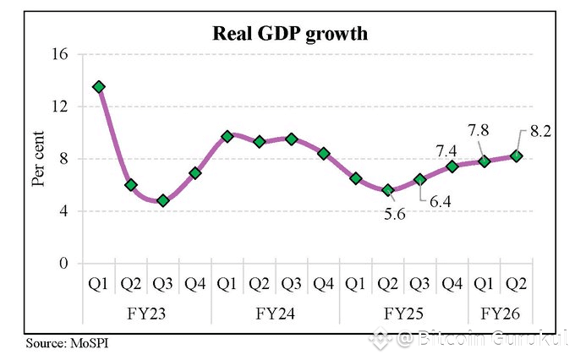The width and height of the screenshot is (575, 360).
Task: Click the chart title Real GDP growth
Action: [x=288, y=35]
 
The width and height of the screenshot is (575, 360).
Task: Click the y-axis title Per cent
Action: [x=39, y=159]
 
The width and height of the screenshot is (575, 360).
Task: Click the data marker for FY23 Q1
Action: [x=99, y=87]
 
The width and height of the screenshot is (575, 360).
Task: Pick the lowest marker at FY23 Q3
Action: [x=163, y=200]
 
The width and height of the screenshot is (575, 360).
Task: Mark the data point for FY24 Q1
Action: [x=227, y=136]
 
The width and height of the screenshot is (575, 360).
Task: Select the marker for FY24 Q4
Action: [x=324, y=153]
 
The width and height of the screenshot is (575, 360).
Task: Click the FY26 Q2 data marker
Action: [x=517, y=155]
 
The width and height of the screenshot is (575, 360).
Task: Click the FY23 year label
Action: [x=147, y=312]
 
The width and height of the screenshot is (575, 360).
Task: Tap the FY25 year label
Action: [x=404, y=312]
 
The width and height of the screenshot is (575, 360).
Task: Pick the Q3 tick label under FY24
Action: [x=292, y=283]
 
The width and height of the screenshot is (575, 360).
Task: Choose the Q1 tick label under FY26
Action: [x=485, y=283]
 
